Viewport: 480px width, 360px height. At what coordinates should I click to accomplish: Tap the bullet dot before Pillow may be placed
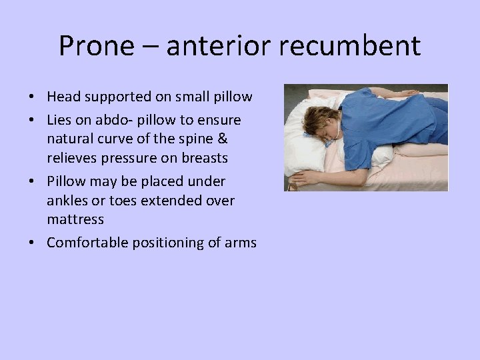point(32,182)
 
